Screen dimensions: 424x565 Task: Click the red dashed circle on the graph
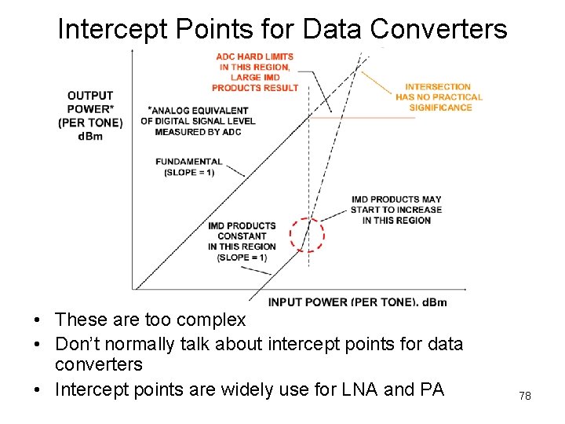tap(307, 235)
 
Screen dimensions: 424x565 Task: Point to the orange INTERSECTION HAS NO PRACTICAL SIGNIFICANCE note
tap(438, 97)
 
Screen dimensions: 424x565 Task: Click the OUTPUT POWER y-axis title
tap(90, 108)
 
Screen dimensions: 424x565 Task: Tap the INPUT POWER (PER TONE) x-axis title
tap(356, 302)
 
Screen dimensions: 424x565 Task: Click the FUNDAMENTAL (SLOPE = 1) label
tap(189, 166)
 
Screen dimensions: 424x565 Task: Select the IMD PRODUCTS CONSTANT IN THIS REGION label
tap(242, 241)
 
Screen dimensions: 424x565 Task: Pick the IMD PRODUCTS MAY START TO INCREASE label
tap(396, 210)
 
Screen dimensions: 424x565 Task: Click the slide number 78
tap(525, 396)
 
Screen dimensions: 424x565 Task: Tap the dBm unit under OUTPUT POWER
tap(89, 137)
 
